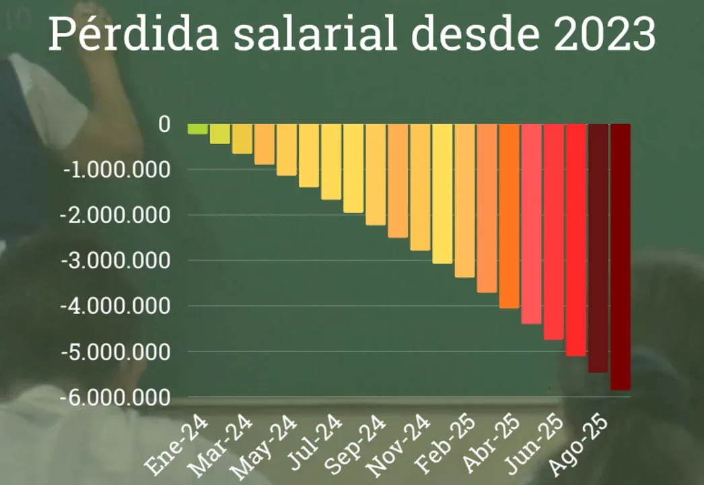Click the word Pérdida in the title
(x=134, y=35)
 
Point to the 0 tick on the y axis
(x=164, y=125)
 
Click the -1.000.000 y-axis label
(x=117, y=170)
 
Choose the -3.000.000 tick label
(x=117, y=261)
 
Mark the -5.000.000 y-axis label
(x=117, y=352)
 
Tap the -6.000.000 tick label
(x=117, y=397)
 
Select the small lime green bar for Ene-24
(x=197, y=129)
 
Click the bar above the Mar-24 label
(x=242, y=139)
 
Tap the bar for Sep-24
(x=375, y=174)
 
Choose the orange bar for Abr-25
(x=509, y=216)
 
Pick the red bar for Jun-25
(x=553, y=232)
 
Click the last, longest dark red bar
(x=620, y=257)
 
